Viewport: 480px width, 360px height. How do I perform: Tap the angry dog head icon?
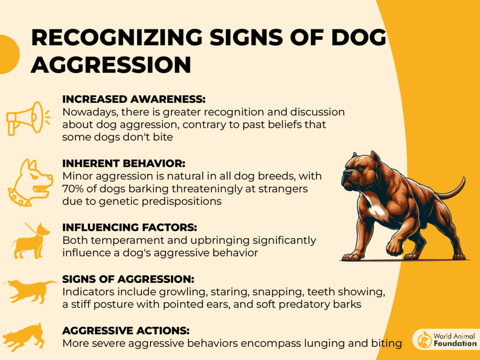coord(30,182)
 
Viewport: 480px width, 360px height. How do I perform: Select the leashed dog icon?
coord(30,241)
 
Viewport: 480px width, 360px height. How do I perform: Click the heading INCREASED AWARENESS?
coord(134,99)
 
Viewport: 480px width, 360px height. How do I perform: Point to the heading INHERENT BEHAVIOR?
coord(124,164)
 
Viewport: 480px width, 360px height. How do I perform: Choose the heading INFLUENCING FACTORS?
coord(129,227)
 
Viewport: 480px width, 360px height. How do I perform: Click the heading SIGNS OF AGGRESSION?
coord(128,279)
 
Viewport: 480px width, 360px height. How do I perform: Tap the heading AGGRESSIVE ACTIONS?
coord(126,330)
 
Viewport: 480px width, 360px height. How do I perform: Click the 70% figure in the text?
coord(73,188)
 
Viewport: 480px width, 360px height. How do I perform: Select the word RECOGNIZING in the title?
coord(117,37)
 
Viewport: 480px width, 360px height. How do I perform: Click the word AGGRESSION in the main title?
coord(111,65)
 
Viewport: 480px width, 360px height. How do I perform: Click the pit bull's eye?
coord(360,168)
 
